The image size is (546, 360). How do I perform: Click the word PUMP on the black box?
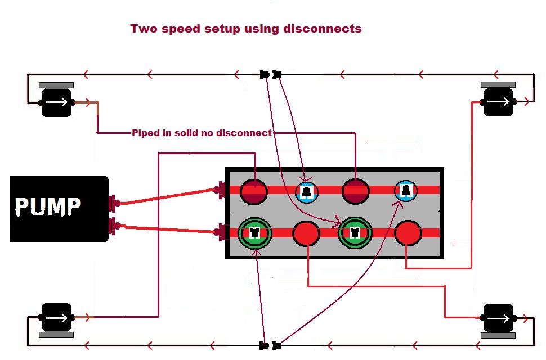point(48,206)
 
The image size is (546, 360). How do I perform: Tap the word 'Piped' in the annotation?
point(145,133)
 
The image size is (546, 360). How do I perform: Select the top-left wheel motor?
point(56,102)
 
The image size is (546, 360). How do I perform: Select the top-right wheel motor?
point(498,102)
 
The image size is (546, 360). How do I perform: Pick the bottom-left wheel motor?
point(56,318)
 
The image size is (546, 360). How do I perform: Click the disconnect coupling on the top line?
point(270,74)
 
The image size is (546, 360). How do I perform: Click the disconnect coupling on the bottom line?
point(270,345)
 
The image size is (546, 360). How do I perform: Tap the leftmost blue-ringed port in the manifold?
point(307,192)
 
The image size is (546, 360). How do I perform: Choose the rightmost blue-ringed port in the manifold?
point(405,191)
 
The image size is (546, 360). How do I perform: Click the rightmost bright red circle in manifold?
point(408,233)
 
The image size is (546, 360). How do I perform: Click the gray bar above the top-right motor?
point(498,84)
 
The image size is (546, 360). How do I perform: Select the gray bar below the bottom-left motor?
point(56,335)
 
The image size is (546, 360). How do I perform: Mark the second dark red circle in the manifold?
point(356,191)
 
